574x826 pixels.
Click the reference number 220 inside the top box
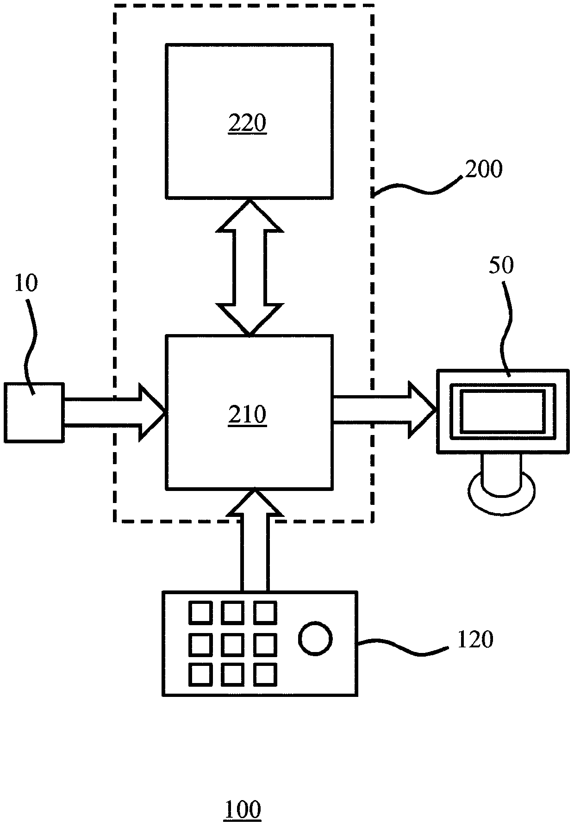(x=247, y=124)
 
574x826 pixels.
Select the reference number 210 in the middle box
(x=247, y=415)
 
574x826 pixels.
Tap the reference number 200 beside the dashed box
(x=484, y=170)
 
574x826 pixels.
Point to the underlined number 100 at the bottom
(x=243, y=810)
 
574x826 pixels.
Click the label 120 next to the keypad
(x=475, y=640)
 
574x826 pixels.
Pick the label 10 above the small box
(x=26, y=283)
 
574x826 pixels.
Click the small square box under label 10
(x=34, y=412)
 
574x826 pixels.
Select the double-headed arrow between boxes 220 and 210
(x=250, y=267)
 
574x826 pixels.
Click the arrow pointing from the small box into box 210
(x=115, y=412)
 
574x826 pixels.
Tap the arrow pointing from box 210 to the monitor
(x=384, y=410)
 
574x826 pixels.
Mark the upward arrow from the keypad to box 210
(x=254, y=540)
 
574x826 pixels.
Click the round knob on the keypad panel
(x=316, y=639)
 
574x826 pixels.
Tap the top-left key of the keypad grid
(x=200, y=612)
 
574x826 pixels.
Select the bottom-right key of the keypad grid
(x=265, y=675)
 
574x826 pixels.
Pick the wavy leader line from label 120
(x=402, y=646)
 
